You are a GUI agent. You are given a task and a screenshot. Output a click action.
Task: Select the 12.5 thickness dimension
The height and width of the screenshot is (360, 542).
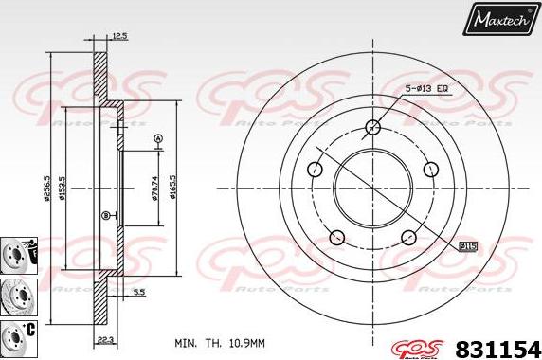coord(119,36)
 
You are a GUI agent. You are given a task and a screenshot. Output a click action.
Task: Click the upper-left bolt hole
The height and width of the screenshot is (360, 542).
coord(315,171)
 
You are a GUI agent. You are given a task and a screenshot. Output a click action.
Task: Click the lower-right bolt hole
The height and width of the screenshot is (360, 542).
coord(408,238)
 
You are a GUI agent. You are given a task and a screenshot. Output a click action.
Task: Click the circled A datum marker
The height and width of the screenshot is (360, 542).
coord(157,139)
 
